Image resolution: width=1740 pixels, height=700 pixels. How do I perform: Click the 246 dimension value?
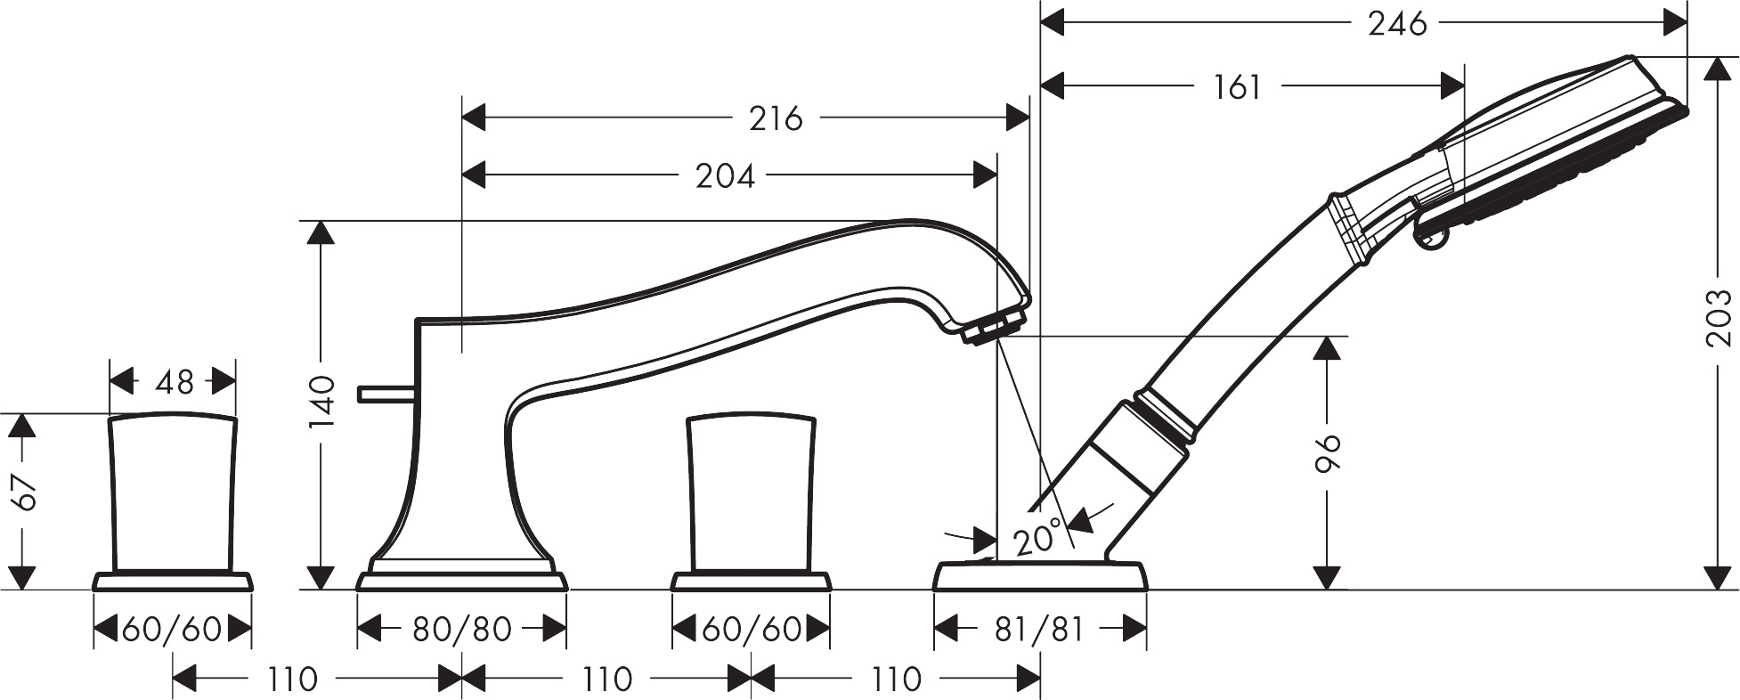point(1397,24)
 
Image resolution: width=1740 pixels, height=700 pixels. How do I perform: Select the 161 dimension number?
point(1237,87)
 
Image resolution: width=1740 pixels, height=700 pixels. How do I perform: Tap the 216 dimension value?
point(776,118)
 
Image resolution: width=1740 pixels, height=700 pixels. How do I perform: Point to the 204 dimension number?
point(726,176)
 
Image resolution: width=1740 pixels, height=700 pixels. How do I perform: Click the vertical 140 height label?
point(322,403)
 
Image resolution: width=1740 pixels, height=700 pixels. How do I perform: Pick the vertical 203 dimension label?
point(1720,318)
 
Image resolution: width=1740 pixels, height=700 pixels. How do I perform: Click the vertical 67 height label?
point(24,492)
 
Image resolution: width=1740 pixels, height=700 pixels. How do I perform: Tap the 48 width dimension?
point(174,382)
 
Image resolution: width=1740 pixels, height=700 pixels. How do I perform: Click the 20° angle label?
point(1039,537)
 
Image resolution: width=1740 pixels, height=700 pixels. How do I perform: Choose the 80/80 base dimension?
point(461,630)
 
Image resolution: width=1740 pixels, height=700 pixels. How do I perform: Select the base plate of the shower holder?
point(1040,575)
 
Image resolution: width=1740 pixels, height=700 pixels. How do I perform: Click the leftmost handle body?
point(174,492)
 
